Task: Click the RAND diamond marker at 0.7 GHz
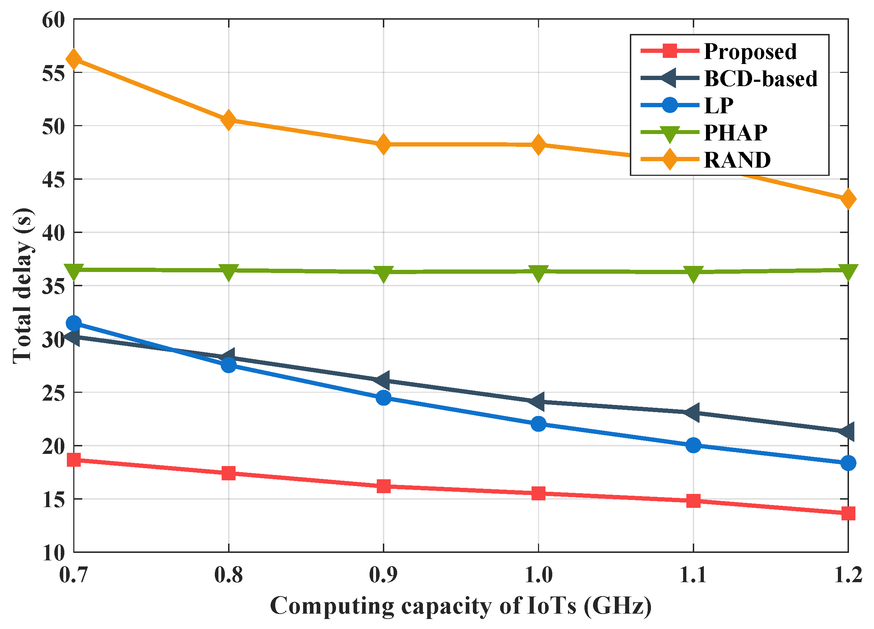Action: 74,59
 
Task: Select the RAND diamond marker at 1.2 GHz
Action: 848,199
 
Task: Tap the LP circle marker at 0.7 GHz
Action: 74,323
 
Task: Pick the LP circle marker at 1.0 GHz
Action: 538,424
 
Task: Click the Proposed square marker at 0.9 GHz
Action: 384,486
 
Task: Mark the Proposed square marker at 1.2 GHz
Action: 848,513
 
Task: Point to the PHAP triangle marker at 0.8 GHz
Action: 228,272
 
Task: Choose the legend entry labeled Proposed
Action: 750,51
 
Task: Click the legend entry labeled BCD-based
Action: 760,79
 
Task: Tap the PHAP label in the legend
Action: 735,133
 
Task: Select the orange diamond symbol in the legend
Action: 670,159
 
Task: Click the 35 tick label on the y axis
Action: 53,286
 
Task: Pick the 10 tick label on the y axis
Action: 53,553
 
